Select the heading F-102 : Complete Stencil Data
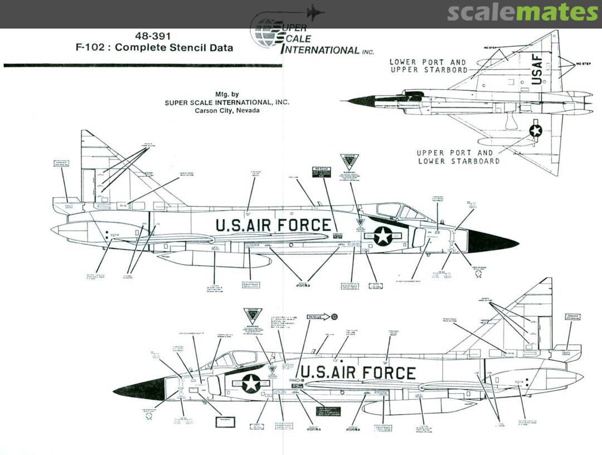154,47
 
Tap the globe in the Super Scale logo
266,33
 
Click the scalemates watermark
522,13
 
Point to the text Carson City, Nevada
227,110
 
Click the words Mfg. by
227,94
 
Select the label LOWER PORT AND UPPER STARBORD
428,66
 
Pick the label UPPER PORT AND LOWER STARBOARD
458,157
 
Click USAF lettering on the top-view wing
537,69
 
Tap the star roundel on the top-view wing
536,130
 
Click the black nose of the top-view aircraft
360,101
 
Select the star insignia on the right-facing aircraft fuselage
383,235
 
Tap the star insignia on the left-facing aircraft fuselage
251,383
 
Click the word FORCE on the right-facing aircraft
303,225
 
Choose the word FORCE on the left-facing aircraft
387,372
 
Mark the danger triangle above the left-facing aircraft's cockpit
253,315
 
